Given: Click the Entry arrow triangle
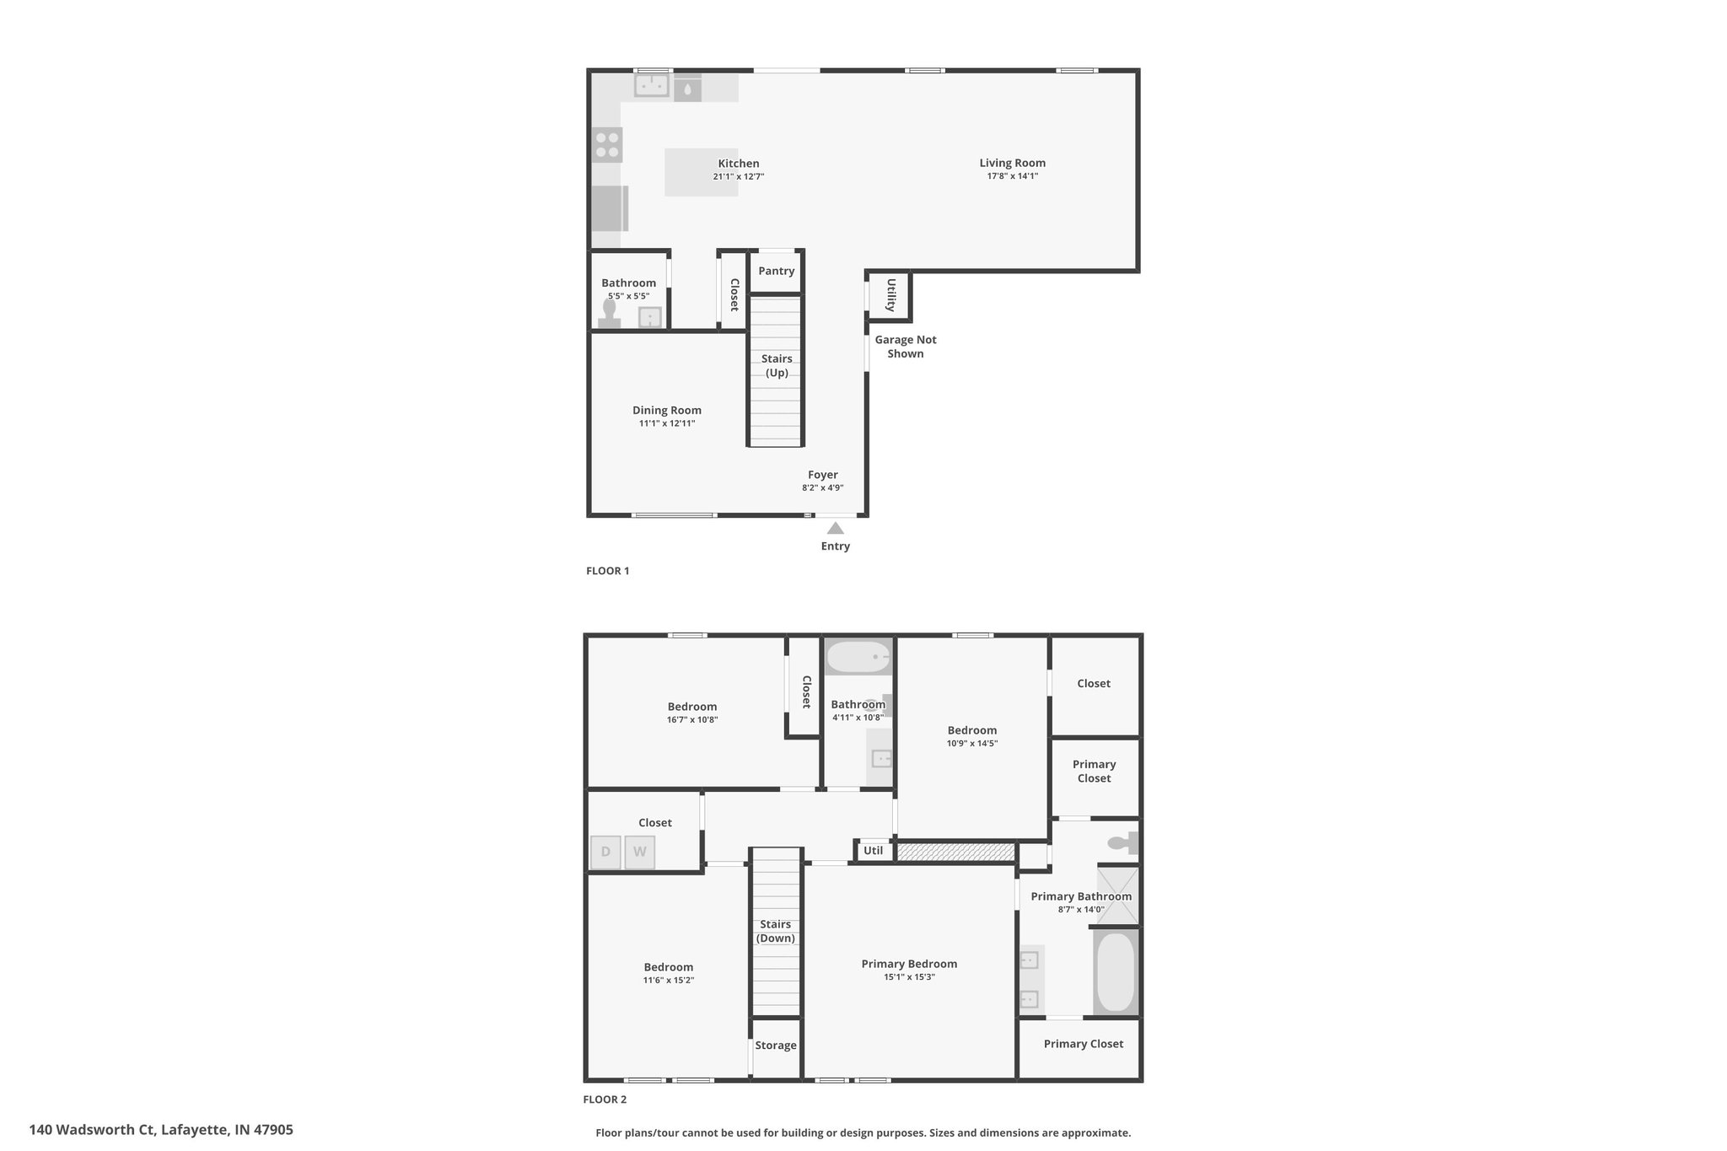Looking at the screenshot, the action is [x=835, y=528].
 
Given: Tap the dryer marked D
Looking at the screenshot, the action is [x=605, y=852].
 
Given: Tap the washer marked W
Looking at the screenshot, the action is [x=639, y=852].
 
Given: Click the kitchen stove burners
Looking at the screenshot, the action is [x=607, y=145].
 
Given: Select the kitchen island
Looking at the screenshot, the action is [x=701, y=172].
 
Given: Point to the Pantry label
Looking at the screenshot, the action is [x=776, y=271].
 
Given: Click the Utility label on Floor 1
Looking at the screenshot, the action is [x=890, y=295].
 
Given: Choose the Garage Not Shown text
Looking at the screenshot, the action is [x=906, y=347].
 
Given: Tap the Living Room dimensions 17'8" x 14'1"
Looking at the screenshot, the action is [x=1013, y=176].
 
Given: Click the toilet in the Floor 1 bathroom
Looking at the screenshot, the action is [x=609, y=313].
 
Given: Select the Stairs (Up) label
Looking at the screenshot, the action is [x=777, y=365].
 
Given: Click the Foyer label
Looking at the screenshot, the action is [x=823, y=475].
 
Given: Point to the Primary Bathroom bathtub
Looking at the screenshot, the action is [x=1116, y=971].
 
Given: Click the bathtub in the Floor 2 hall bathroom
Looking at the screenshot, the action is [x=858, y=657].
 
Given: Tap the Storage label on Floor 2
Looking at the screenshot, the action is [x=776, y=1046].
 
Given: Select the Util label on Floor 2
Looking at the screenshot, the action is [x=874, y=850].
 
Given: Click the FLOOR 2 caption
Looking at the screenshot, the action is [x=605, y=1100].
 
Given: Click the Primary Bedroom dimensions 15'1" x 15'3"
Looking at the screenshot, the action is [x=909, y=977].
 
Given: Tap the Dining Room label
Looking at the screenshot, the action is [x=667, y=411].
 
